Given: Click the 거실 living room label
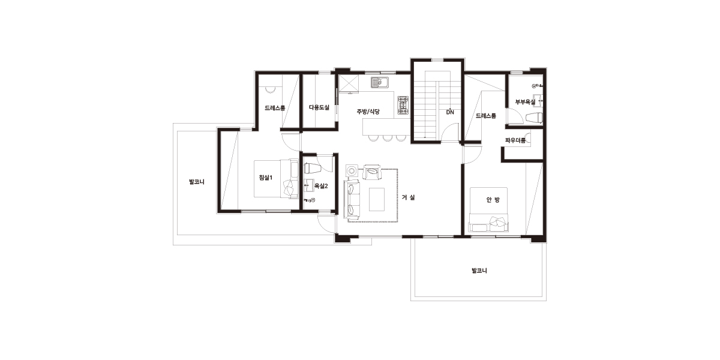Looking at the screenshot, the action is point(408,197).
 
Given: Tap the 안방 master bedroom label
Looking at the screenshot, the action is point(493,200).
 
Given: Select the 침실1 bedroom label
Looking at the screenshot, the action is point(266,178).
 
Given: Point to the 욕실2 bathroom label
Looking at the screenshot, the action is point(321,186).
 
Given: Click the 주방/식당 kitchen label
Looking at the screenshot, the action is point(368,112).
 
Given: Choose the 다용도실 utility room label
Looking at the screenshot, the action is point(319,107).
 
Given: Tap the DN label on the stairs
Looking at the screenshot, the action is point(450,112).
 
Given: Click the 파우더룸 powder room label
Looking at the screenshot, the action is point(515,140).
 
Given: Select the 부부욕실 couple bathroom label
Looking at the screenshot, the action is point(525,102).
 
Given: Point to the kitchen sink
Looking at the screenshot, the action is point(380,82).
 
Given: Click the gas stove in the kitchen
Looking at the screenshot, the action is point(403,105).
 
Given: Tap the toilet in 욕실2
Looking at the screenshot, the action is point(313,168).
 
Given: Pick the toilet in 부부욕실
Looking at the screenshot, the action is point(534,118).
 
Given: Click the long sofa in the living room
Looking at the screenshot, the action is point(352,200).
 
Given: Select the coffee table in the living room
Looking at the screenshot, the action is point(377,200).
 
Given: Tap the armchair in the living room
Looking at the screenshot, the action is point(372,172).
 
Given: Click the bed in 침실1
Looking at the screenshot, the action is point(276,179).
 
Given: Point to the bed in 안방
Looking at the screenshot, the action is point(489,209).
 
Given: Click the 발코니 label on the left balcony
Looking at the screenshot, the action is point(197,182).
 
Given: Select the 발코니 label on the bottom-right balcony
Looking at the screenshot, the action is point(479,271).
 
